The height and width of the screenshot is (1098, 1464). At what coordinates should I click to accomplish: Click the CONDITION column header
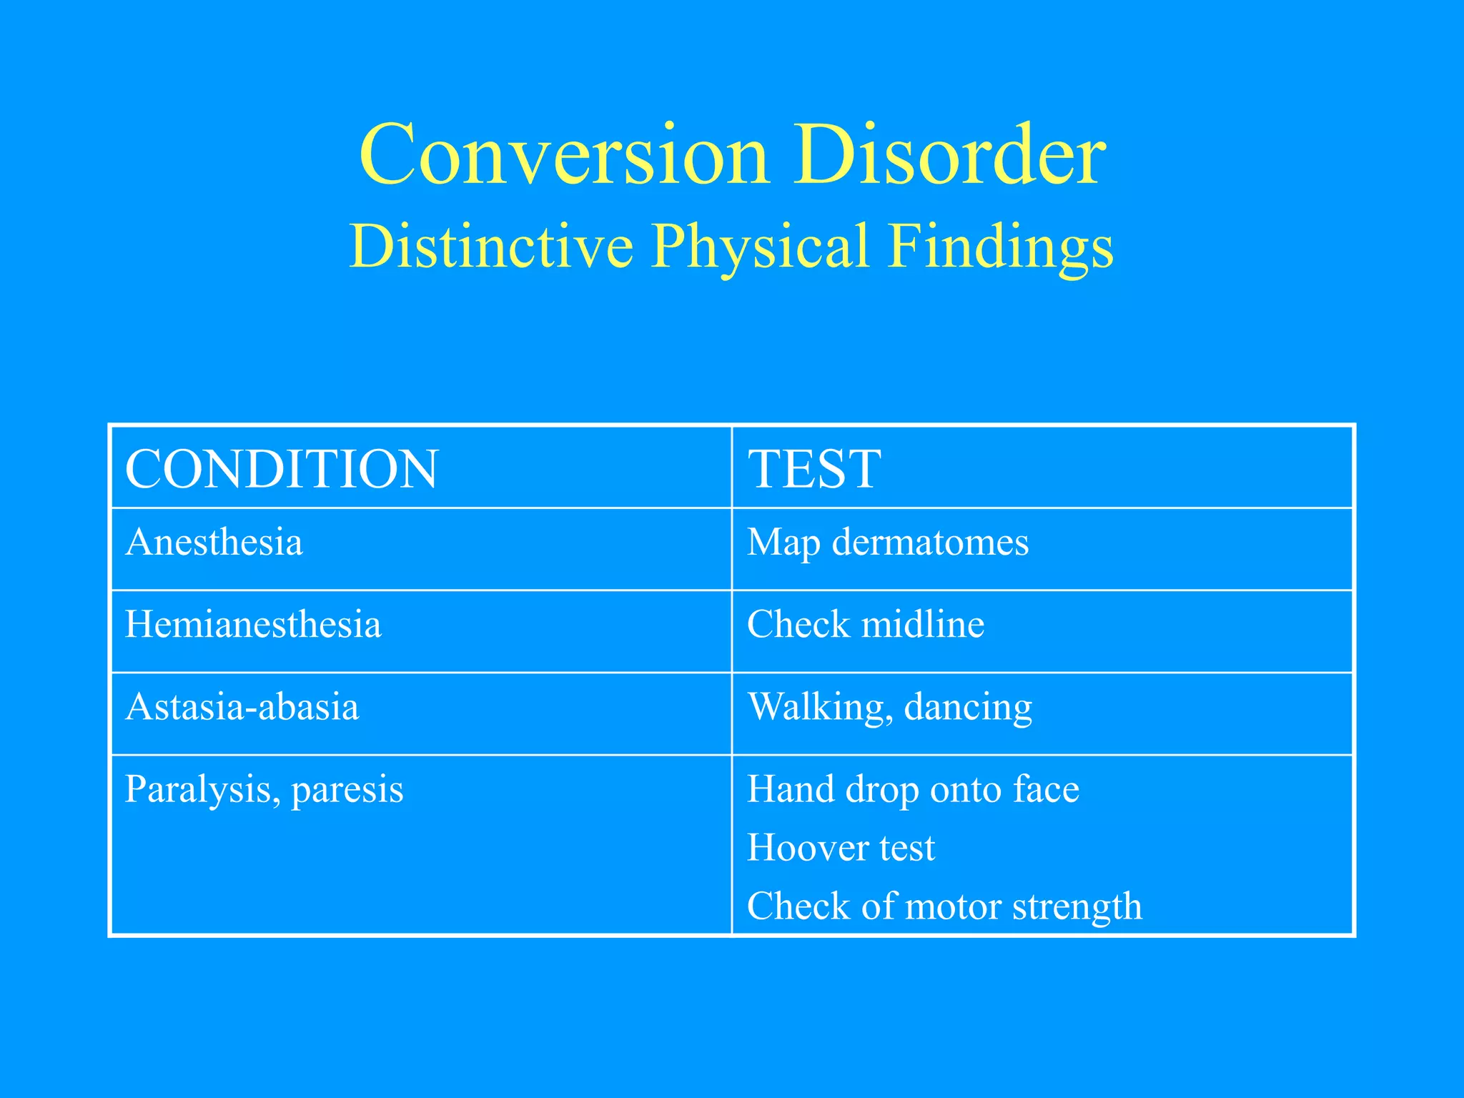click(x=281, y=469)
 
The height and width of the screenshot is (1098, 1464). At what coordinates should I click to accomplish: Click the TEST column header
click(x=813, y=469)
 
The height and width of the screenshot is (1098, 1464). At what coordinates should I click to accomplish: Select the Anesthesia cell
click(x=214, y=542)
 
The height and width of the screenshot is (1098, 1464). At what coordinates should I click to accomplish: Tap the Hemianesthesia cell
click(x=253, y=624)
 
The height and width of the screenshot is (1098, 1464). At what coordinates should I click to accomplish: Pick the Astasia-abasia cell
click(x=242, y=706)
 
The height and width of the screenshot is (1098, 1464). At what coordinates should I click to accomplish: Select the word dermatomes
click(x=930, y=542)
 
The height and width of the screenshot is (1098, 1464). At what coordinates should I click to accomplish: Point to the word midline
click(x=923, y=624)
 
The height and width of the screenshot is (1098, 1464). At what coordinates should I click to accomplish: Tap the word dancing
click(x=968, y=707)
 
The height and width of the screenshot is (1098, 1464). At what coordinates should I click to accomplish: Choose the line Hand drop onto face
click(x=913, y=789)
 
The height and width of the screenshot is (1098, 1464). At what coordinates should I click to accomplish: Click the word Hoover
click(x=807, y=848)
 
